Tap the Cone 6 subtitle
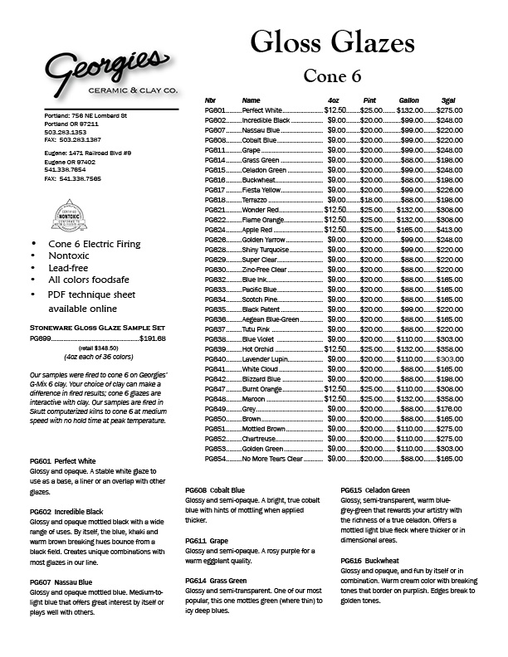[332, 75]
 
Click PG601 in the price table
[215, 110]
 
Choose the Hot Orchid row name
[259, 349]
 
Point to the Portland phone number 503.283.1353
[66, 131]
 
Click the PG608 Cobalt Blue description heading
[214, 490]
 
